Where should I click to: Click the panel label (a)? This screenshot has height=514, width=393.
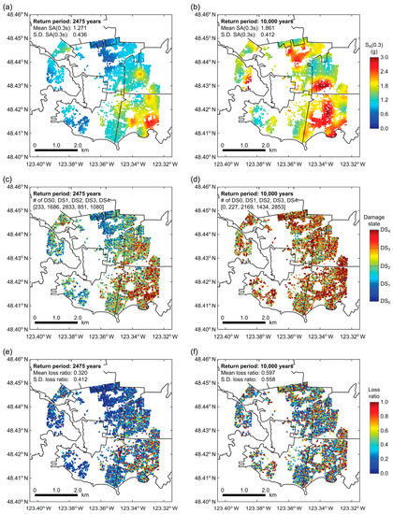(7, 7)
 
